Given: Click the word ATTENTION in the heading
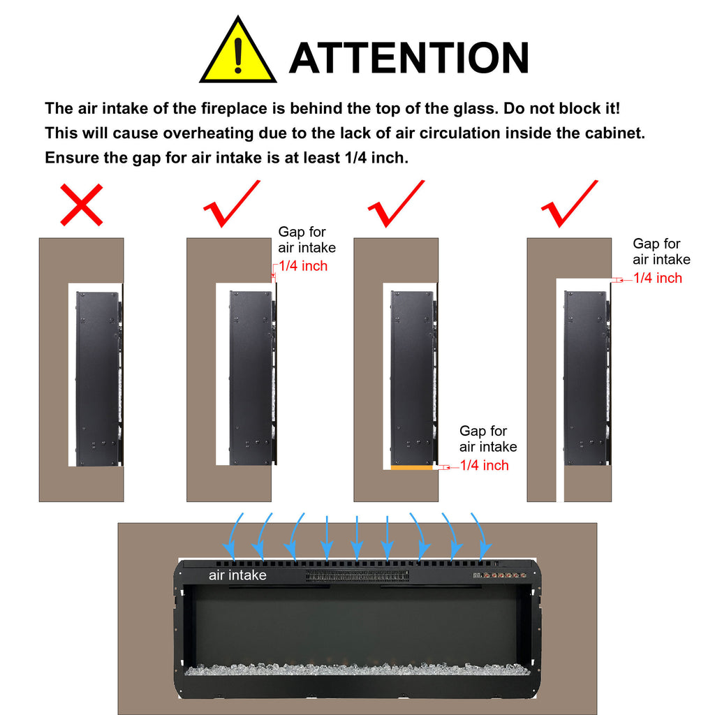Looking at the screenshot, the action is click(409, 57).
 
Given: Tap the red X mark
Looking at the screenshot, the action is click(82, 205).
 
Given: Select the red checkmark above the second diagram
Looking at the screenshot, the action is click(232, 203).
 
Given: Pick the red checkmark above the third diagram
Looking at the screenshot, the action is click(396, 203).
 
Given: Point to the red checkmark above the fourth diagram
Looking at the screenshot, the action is click(569, 203).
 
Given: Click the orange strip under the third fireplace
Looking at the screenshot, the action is click(412, 467).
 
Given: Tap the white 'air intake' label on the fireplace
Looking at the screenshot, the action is click(237, 575).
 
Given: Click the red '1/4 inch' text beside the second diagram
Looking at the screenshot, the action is click(303, 266).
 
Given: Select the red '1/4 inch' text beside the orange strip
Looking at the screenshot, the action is click(485, 465).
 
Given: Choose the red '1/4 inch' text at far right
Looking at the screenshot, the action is click(658, 278).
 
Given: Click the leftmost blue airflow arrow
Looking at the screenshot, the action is click(233, 536).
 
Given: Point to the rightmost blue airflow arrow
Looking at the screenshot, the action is click(482, 536).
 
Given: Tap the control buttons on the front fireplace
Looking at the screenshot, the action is click(500, 575).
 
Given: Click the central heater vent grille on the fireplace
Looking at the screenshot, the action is click(357, 576).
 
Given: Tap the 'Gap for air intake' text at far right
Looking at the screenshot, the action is click(662, 251).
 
